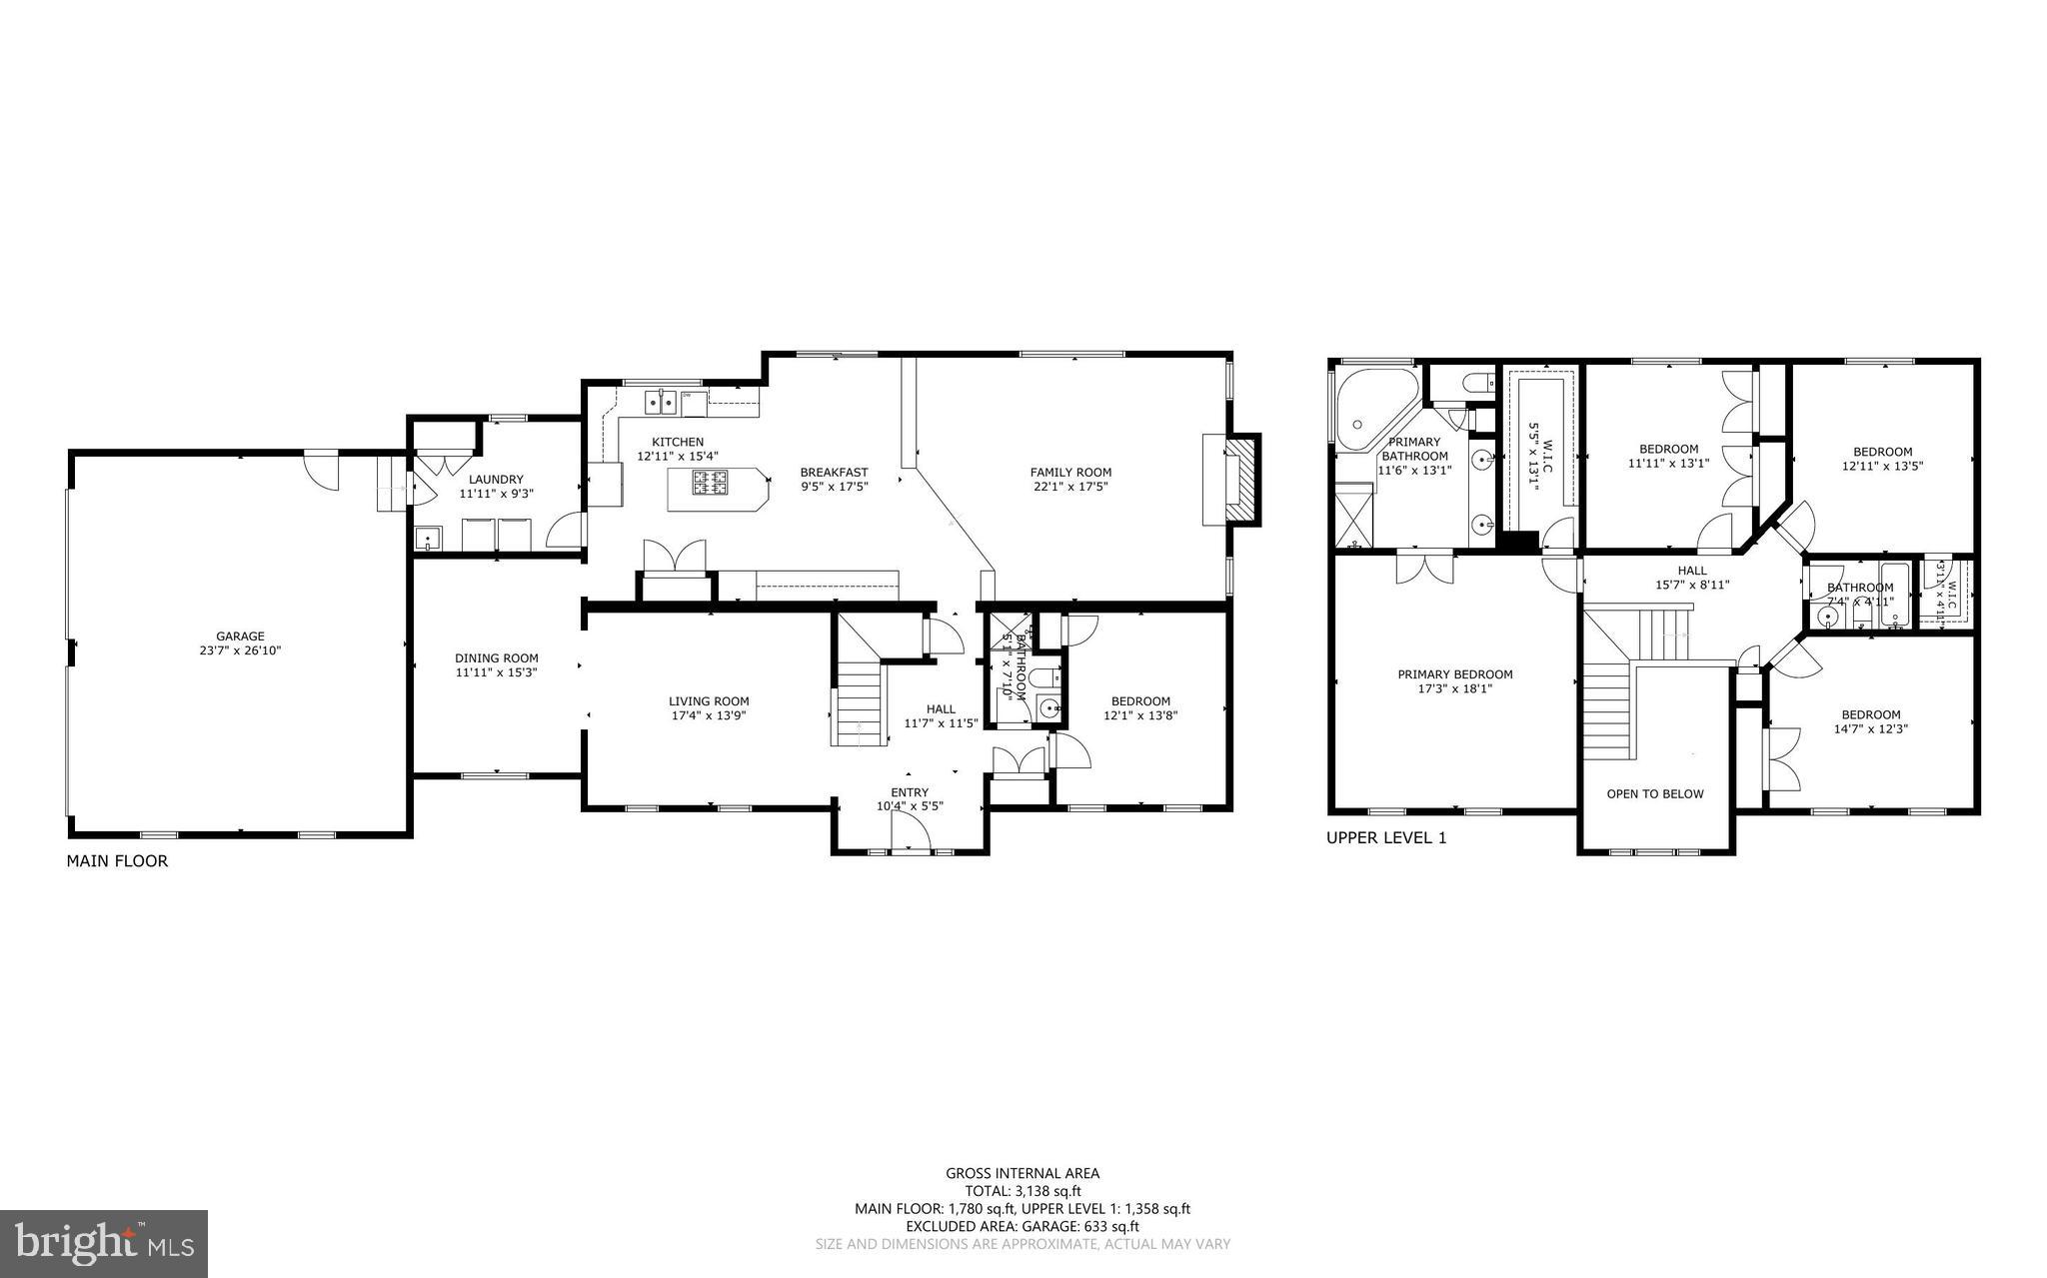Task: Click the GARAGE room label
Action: [x=240, y=636]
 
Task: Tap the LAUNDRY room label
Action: [x=496, y=480]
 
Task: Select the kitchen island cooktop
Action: [x=710, y=483]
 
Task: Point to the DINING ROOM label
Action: [x=496, y=657]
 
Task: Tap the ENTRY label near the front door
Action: [x=910, y=792]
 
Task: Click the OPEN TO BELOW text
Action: [x=1654, y=793]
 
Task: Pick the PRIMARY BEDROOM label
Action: [x=1454, y=674]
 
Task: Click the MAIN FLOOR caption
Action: [x=117, y=860]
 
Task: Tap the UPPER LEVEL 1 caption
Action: [x=1385, y=838]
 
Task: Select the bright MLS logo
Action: [x=104, y=1243]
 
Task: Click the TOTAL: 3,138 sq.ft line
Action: [x=1023, y=1191]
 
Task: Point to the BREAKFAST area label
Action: [x=834, y=473]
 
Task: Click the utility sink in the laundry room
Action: [x=428, y=540]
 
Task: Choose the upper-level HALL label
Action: [x=1692, y=571]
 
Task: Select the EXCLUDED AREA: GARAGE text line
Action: [x=1023, y=1226]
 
